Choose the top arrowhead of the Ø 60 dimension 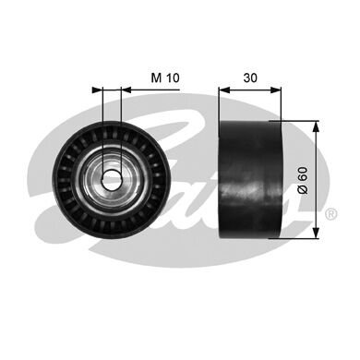318,126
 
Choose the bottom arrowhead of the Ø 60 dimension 318,233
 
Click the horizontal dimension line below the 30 249,90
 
